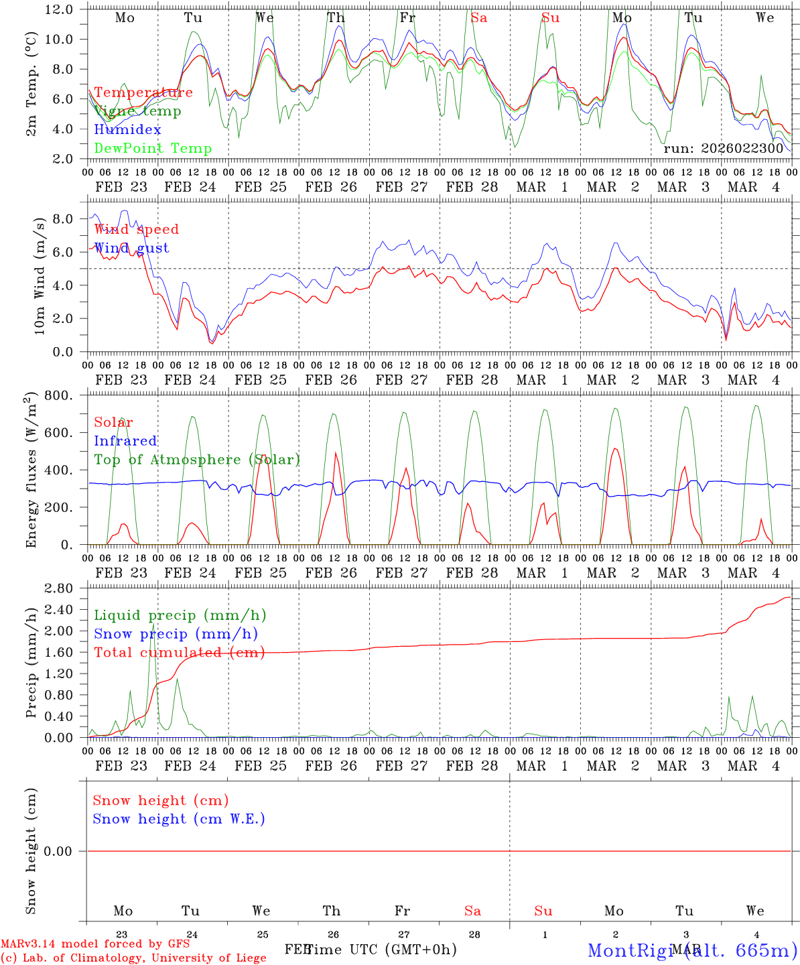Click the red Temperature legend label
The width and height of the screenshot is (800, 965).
[143, 92]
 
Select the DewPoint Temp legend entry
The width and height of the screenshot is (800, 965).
[153, 148]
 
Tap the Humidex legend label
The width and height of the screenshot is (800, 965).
[127, 129]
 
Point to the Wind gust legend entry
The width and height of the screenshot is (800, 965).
[131, 248]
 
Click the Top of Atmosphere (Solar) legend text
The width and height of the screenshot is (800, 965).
[197, 460]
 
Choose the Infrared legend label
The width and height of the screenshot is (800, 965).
[125, 441]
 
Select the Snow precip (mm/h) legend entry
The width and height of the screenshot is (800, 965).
[176, 634]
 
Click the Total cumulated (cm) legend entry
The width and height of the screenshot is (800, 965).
[179, 653]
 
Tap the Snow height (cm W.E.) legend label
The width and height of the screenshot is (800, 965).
[179, 819]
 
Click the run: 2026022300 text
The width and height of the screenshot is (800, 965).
[723, 148]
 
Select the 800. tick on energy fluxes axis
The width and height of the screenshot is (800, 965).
[59, 395]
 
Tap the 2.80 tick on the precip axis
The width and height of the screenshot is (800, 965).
[59, 588]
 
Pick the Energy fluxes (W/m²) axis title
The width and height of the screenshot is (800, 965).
[31, 471]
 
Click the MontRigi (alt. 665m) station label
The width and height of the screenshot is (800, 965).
[692, 950]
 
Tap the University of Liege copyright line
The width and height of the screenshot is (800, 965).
[133, 958]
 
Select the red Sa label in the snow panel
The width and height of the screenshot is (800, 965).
[472, 911]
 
